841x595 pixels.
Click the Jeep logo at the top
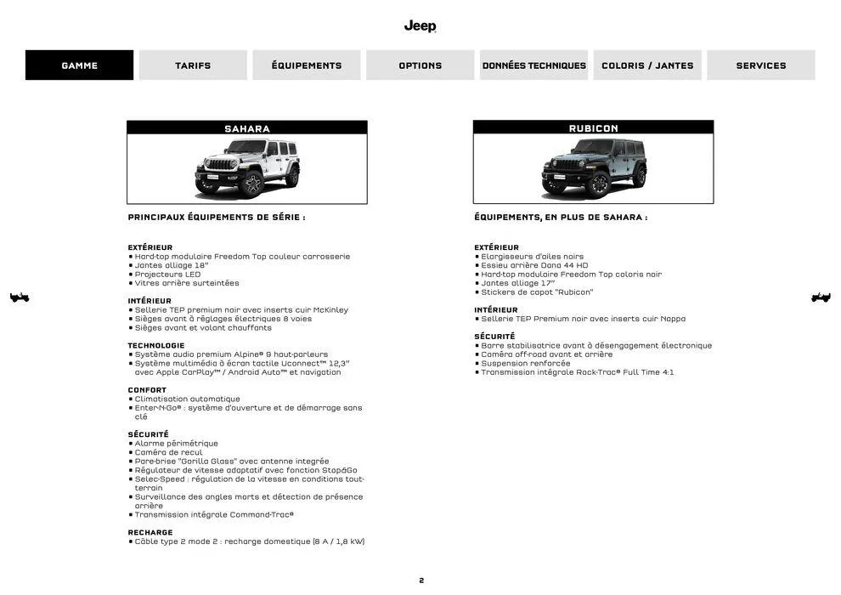coord(420,25)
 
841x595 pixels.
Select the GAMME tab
coord(79,65)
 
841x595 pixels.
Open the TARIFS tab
coord(193,65)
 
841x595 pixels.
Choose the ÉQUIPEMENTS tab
coord(307,65)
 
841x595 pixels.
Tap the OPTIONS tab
coord(420,65)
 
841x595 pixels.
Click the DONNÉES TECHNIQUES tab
coord(533,65)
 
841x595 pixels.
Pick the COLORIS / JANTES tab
coord(647,65)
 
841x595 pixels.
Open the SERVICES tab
coord(761,65)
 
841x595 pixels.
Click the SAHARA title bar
coord(247,128)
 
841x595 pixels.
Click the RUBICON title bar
coord(593,128)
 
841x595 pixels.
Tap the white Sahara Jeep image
coord(247,168)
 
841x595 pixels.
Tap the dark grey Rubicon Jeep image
coord(593,168)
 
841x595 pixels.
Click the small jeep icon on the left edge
coord(20,297)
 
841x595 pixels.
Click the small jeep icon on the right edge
coord(821,297)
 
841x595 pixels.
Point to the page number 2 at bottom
coord(420,581)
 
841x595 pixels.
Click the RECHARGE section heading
coord(150,532)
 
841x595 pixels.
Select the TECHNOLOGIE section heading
coord(156,345)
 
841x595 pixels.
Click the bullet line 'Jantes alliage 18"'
coord(172,265)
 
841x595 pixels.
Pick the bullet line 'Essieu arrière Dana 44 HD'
coord(534,265)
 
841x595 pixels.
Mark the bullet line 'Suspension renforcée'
coord(526,363)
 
